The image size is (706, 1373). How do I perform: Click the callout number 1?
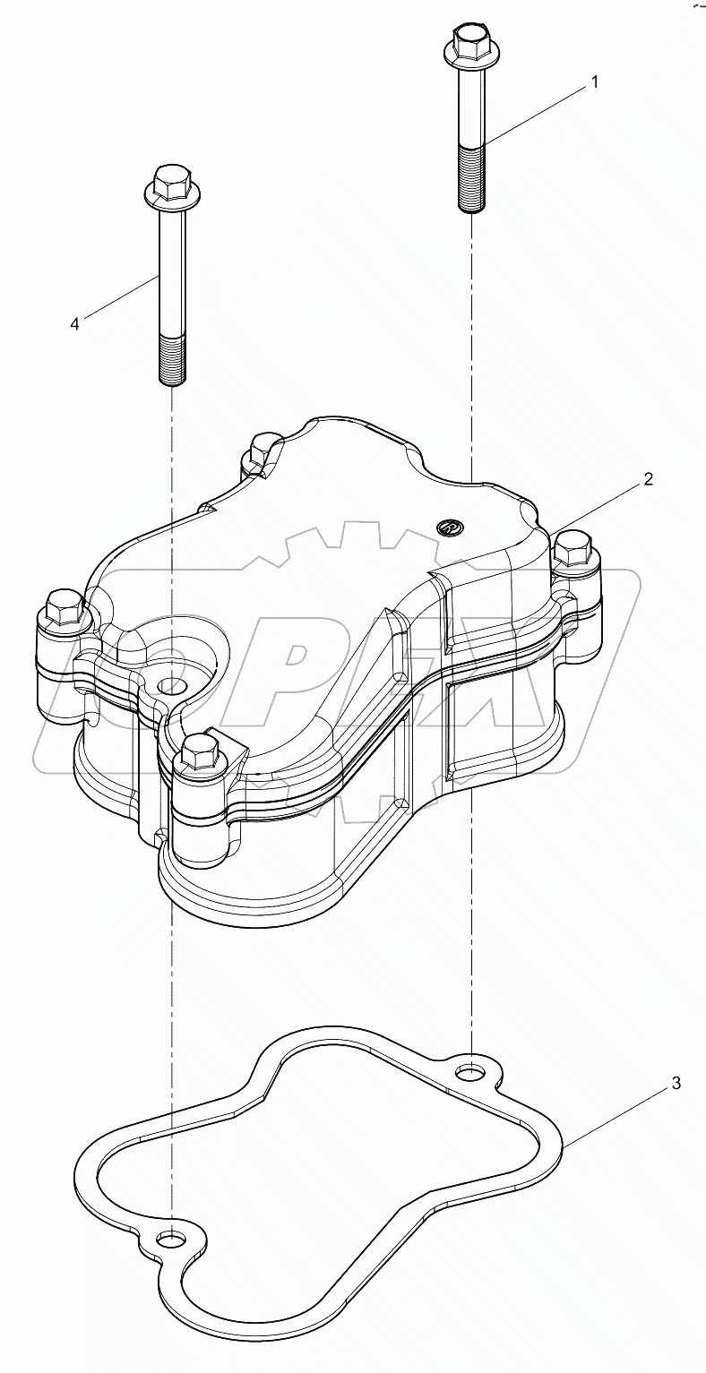click(x=593, y=82)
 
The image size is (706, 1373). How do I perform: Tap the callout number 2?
click(x=647, y=479)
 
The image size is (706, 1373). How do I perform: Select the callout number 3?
click(x=676, y=1085)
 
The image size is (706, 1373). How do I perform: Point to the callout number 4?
click(x=75, y=324)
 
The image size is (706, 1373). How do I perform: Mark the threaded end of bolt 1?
click(x=470, y=179)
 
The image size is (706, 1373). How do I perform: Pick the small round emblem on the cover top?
click(x=449, y=528)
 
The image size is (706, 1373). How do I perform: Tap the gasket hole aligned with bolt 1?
click(x=469, y=1071)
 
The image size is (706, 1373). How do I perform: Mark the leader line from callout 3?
click(x=618, y=1115)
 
